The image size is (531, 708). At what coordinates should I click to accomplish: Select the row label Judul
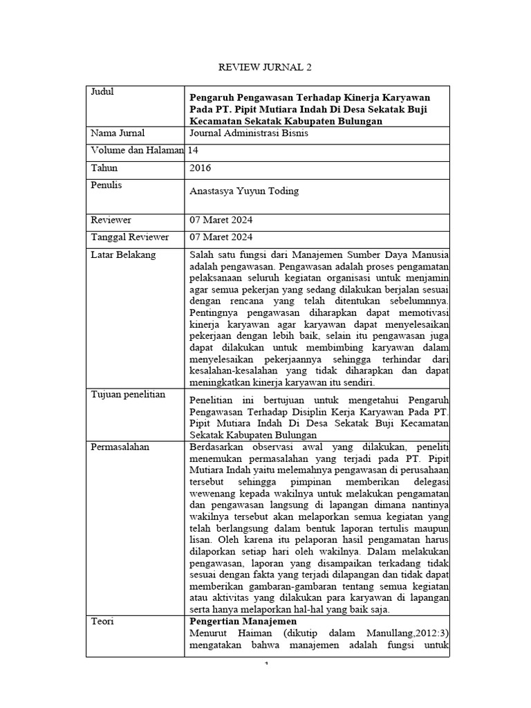[x=102, y=92]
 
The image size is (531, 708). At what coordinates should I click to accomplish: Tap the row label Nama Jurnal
[x=118, y=133]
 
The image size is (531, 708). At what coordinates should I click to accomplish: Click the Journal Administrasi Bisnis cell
[x=248, y=133]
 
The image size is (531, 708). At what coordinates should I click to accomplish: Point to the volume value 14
[x=194, y=150]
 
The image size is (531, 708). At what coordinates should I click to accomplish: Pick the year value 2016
[x=200, y=167]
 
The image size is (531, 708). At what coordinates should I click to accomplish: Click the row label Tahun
[x=104, y=167]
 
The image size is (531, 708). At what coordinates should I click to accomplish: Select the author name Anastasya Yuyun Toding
[x=244, y=191]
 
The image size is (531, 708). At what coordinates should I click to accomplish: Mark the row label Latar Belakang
[x=124, y=254]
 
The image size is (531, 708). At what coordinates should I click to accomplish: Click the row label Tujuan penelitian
[x=128, y=394]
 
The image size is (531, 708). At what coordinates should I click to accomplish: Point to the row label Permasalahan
[x=121, y=447]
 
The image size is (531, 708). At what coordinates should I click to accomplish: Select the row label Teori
[x=102, y=622]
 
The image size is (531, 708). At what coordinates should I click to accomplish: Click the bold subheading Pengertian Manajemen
[x=238, y=622]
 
